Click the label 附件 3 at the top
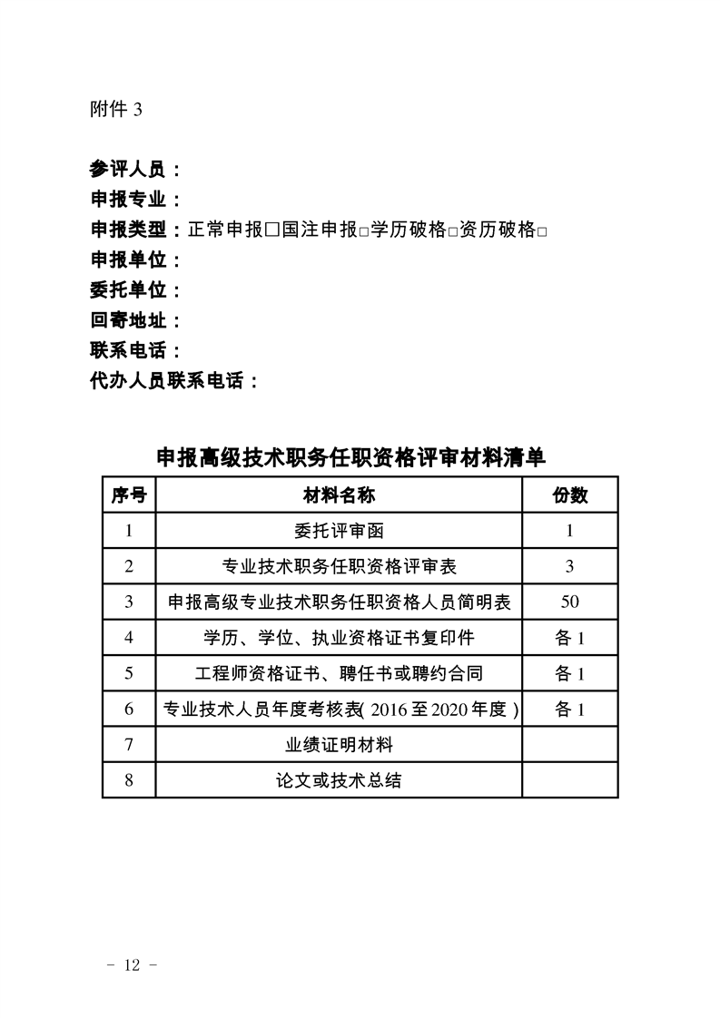point(116,110)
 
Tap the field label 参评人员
point(127,169)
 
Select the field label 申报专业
point(127,200)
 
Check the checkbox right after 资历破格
point(541,231)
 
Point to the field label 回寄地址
point(127,320)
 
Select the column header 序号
point(128,495)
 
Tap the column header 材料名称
point(339,495)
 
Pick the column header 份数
point(569,495)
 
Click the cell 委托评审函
point(339,531)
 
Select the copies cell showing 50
point(569,602)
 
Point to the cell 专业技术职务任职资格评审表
point(339,566)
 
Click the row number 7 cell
point(128,744)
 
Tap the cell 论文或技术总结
point(339,779)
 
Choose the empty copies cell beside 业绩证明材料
point(569,744)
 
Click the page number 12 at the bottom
point(133,965)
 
